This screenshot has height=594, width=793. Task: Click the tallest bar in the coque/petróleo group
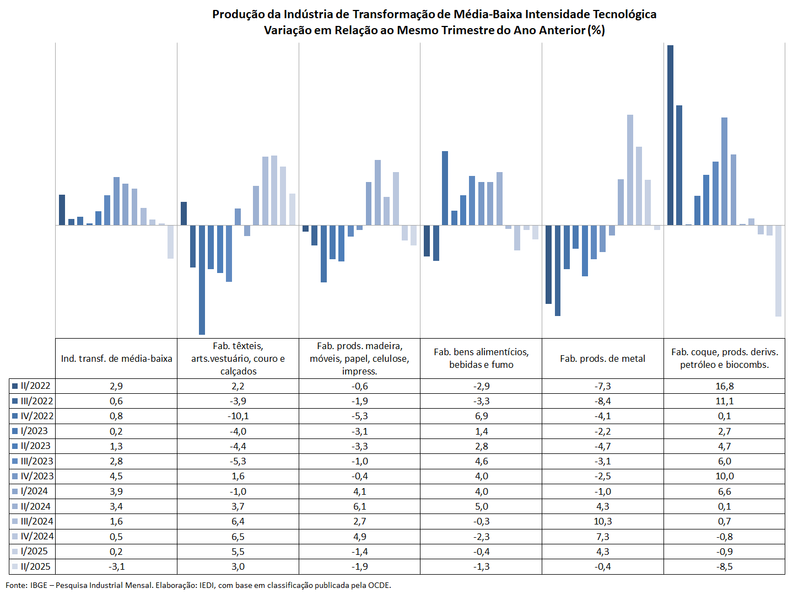[x=670, y=135]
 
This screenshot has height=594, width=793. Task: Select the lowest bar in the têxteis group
[x=202, y=280]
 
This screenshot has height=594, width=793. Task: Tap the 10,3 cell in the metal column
[x=603, y=521]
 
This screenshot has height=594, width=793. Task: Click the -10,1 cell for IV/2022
[x=238, y=416]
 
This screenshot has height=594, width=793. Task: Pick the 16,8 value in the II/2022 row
[x=724, y=386]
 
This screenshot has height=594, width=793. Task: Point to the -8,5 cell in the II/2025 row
[x=724, y=566]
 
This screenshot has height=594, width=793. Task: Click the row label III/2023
[x=37, y=461]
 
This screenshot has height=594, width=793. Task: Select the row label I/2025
[x=34, y=552]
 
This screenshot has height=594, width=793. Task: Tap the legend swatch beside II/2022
[x=15, y=386]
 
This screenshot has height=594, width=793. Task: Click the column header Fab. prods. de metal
[x=603, y=358]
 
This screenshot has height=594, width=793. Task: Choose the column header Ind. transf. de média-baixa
[x=116, y=358]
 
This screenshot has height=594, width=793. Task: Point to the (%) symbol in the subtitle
[x=596, y=30]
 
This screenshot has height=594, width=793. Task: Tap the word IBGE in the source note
[x=39, y=585]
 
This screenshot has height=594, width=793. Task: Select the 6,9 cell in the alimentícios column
[x=481, y=416]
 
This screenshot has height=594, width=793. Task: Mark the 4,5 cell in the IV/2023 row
[x=116, y=476]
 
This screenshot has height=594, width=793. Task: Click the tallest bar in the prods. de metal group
[x=630, y=170]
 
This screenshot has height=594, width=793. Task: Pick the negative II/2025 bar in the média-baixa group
[x=170, y=242]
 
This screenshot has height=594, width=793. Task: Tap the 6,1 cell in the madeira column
[x=359, y=506]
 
